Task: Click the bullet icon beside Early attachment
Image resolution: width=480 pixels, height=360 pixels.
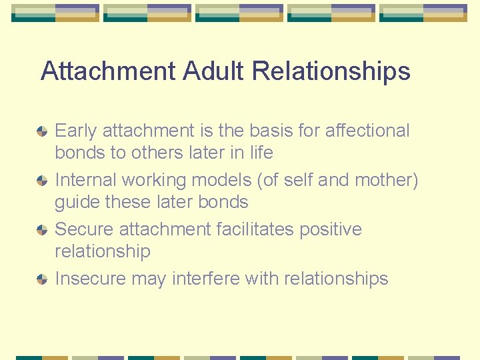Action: click(42, 131)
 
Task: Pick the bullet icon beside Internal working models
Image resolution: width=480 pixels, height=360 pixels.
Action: click(42, 180)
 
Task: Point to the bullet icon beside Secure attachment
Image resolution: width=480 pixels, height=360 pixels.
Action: click(42, 229)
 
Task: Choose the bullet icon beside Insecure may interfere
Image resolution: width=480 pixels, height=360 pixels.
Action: click(42, 279)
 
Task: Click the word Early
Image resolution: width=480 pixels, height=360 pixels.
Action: click(76, 131)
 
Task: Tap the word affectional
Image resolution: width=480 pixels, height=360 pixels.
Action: click(367, 131)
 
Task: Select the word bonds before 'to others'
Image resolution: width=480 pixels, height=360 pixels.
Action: click(80, 153)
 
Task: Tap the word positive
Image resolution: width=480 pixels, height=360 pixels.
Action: click(331, 229)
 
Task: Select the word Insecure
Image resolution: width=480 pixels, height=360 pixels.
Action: click(90, 279)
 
